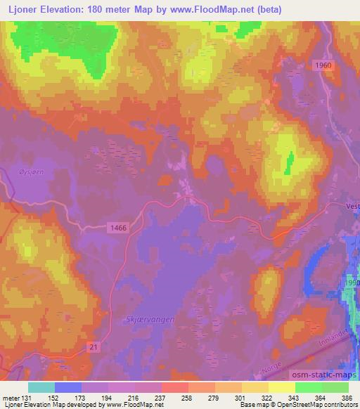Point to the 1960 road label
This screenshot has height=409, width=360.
click(x=324, y=65)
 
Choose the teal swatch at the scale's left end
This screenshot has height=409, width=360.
click(x=41, y=387)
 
